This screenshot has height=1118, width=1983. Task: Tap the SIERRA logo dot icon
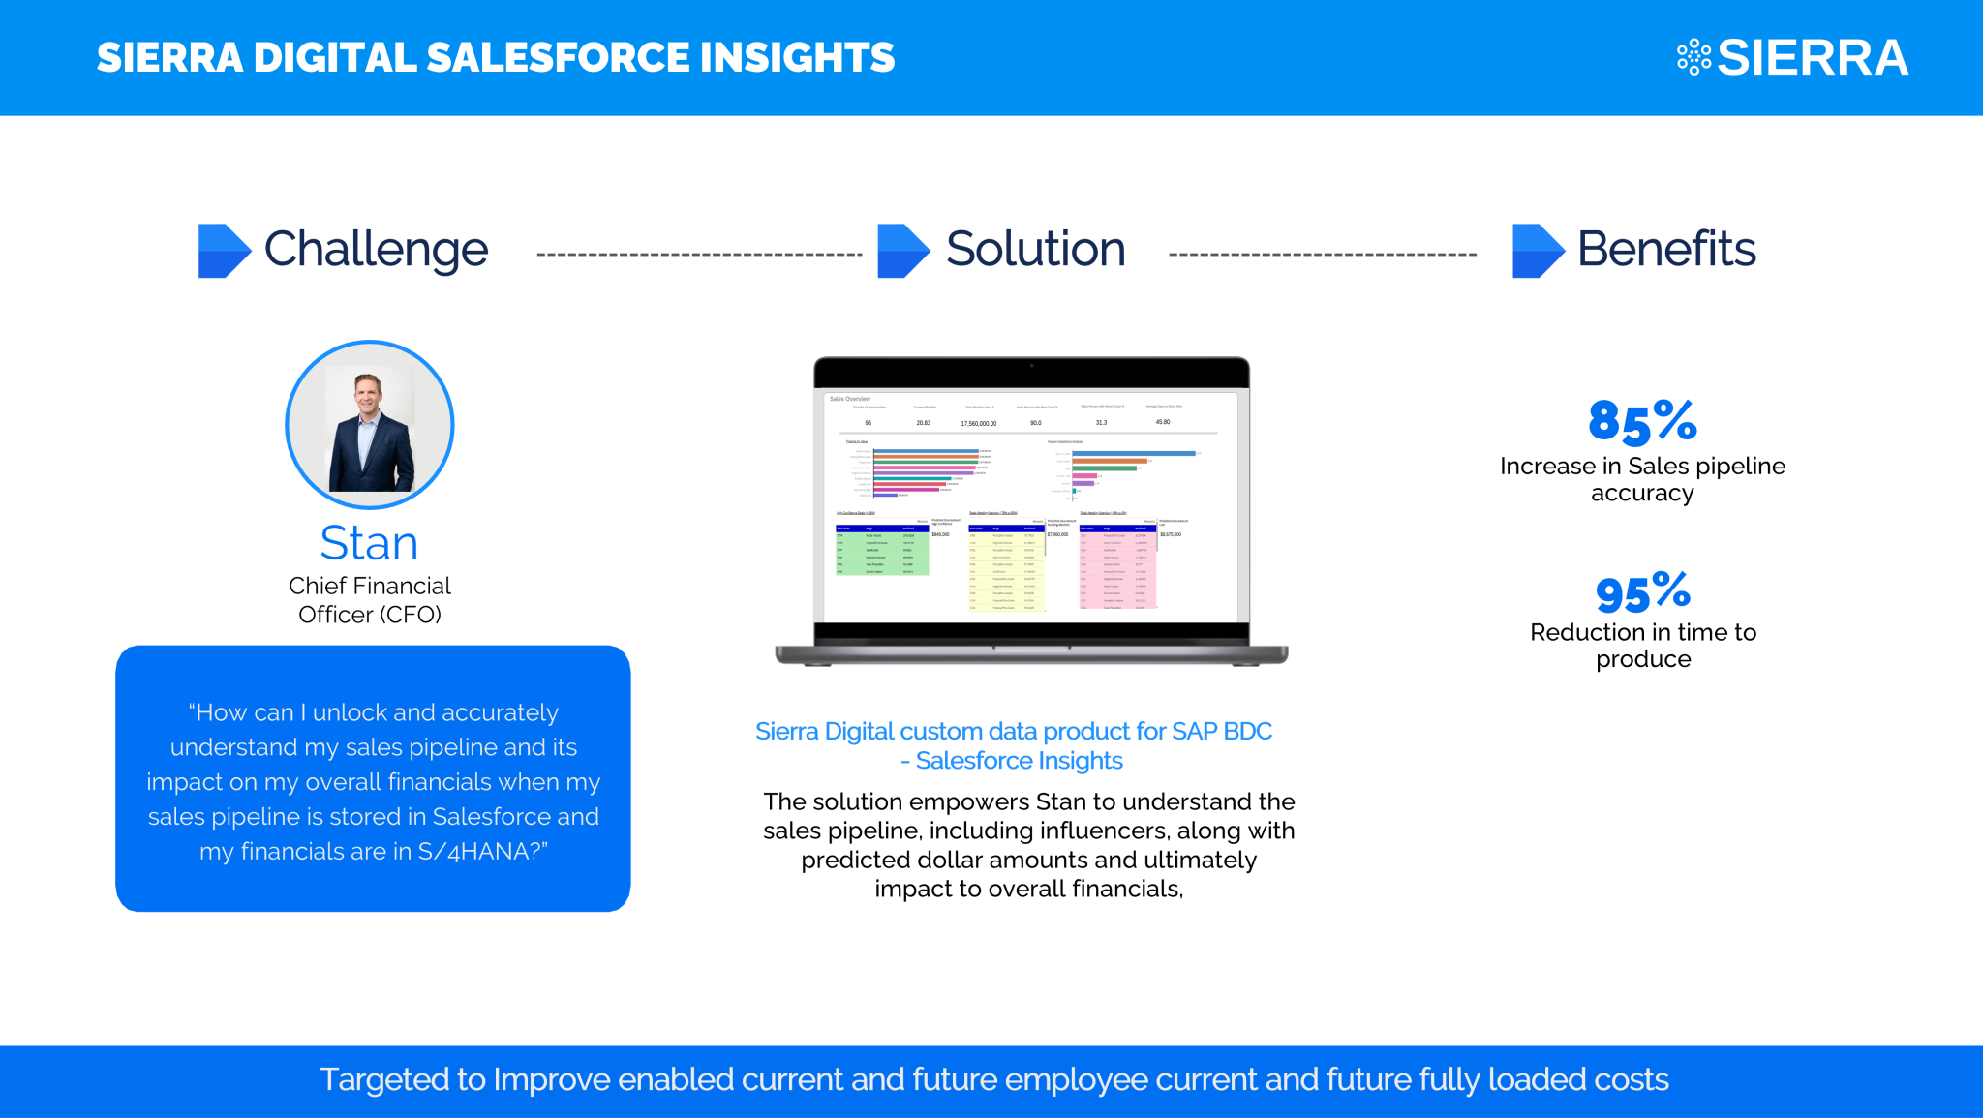click(1693, 57)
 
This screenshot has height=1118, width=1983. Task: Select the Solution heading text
click(1034, 250)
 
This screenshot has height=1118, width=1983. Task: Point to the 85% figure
click(1642, 422)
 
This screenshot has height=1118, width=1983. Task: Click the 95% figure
click(1642, 592)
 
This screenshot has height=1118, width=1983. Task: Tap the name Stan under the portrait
click(369, 543)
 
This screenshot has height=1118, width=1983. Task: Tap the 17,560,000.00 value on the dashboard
click(978, 423)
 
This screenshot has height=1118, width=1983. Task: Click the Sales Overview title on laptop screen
click(849, 399)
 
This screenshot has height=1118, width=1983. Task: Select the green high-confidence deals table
click(881, 551)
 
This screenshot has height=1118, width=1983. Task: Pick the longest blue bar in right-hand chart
click(1133, 453)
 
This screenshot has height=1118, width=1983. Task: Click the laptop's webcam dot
click(1031, 366)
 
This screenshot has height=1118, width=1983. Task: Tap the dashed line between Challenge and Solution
click(699, 255)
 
